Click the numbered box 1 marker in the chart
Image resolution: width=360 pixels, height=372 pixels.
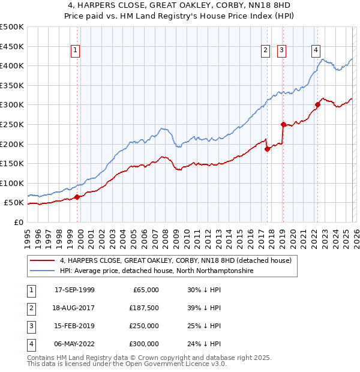(x=76, y=51)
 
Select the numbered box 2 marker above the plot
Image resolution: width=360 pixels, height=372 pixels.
(x=265, y=51)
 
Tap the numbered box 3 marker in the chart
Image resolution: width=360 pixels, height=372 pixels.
(x=281, y=51)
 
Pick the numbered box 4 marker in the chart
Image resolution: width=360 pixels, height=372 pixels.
(x=316, y=51)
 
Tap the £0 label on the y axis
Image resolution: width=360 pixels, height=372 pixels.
(x=19, y=222)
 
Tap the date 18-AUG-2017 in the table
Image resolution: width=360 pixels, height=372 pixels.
(x=74, y=307)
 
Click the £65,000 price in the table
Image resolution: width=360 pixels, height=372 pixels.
(x=146, y=289)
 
